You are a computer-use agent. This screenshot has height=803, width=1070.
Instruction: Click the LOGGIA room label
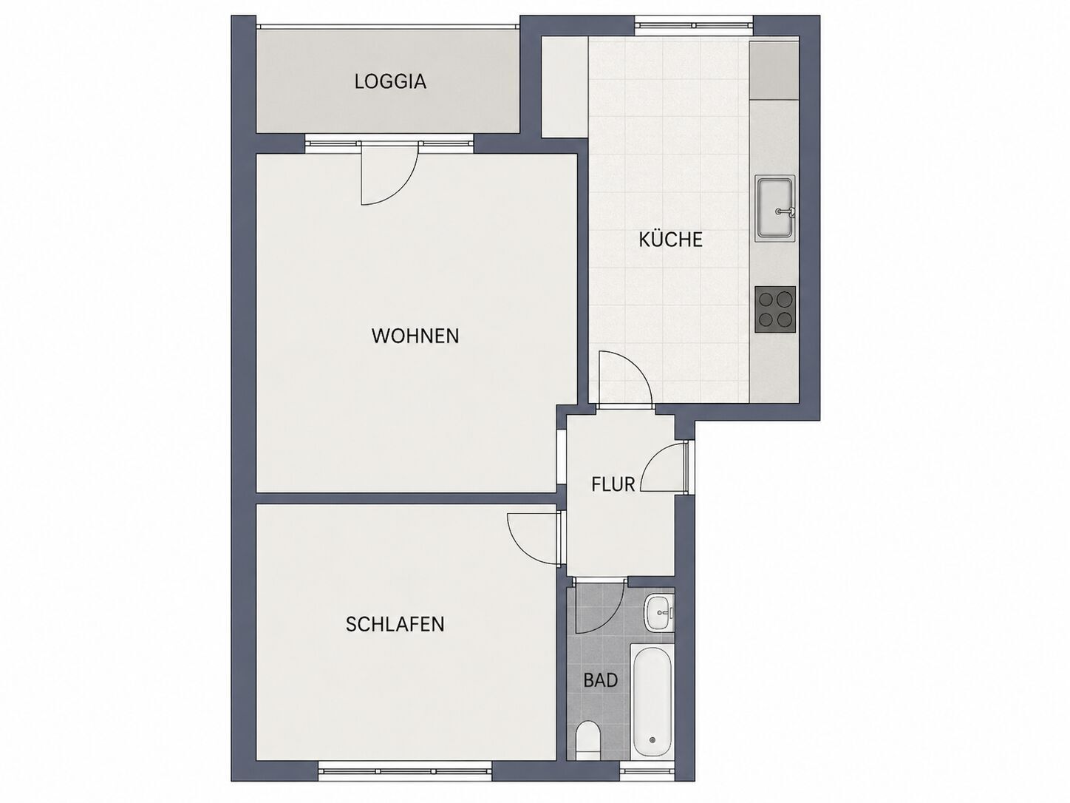(x=390, y=81)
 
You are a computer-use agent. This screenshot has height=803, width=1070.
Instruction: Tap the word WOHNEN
(x=415, y=336)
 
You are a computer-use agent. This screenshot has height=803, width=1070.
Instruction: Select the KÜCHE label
(x=671, y=239)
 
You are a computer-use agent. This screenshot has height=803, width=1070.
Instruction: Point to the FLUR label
(x=613, y=484)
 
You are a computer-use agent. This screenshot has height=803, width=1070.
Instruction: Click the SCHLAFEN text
(x=395, y=625)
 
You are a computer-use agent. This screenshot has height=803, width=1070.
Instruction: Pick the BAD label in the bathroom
(x=601, y=680)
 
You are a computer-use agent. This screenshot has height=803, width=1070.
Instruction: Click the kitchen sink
(x=775, y=209)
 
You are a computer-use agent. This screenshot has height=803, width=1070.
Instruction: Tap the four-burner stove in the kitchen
(x=775, y=310)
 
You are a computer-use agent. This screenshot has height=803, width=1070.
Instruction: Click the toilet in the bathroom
(x=588, y=748)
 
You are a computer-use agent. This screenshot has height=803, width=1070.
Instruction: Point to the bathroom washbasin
(x=660, y=612)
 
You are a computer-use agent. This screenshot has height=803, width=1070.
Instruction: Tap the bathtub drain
(x=652, y=753)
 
